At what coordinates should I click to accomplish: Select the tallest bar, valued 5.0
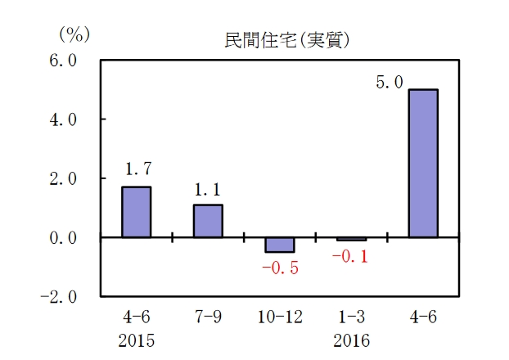pos(422,163)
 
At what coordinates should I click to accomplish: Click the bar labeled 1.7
pos(136,212)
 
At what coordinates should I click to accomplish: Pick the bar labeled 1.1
pos(208,221)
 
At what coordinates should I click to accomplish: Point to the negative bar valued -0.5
pos(280,245)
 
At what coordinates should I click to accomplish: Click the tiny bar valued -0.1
pos(351,239)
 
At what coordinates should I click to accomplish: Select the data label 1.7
pos(137,170)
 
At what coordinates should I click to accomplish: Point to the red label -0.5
pos(279,268)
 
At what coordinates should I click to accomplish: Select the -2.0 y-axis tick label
pos(60,296)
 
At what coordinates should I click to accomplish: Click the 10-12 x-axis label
pos(280,316)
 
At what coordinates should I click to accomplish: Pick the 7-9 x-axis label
pos(208,316)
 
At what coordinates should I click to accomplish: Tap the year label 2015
pos(136,339)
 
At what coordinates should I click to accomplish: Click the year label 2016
pos(351,339)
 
